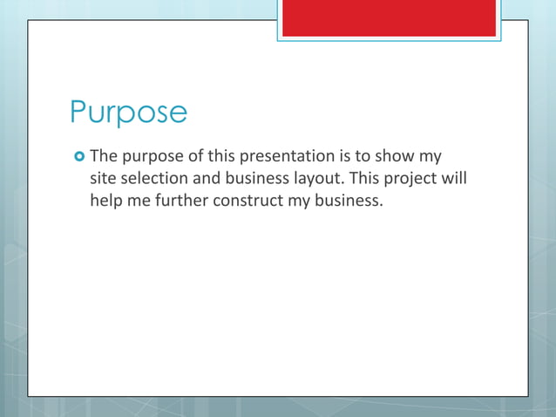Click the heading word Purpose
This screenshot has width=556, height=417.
click(x=128, y=113)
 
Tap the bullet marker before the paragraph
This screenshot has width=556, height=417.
click(x=78, y=157)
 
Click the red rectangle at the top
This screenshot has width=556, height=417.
click(x=389, y=18)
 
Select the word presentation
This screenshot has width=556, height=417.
click(x=286, y=157)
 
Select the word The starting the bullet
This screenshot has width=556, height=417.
click(x=104, y=157)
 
